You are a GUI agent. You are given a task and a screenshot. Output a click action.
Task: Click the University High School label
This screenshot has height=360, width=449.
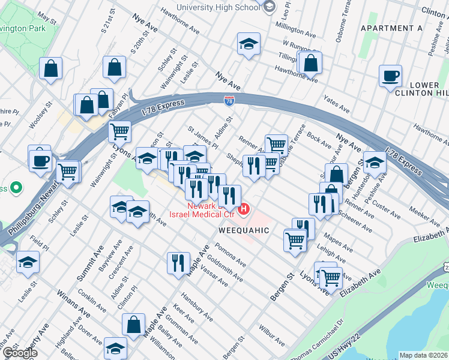(x=218, y=7)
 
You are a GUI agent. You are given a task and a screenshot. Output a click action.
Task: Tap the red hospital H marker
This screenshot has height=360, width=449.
(x=244, y=209)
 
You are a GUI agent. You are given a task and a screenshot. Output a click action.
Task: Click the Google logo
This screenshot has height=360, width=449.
(x=19, y=352)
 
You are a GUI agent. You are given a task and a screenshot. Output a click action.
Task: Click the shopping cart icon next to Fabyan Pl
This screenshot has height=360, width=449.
(x=119, y=130)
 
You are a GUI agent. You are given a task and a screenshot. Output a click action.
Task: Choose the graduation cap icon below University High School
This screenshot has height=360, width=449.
(x=248, y=44)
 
